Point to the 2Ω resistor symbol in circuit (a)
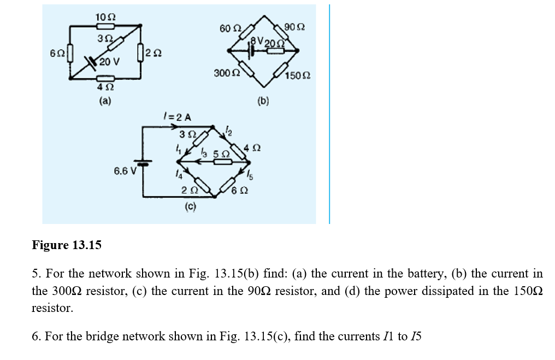(x=141, y=52)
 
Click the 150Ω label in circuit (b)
(x=300, y=75)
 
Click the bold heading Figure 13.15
(x=67, y=245)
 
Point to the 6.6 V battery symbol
(x=144, y=163)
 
